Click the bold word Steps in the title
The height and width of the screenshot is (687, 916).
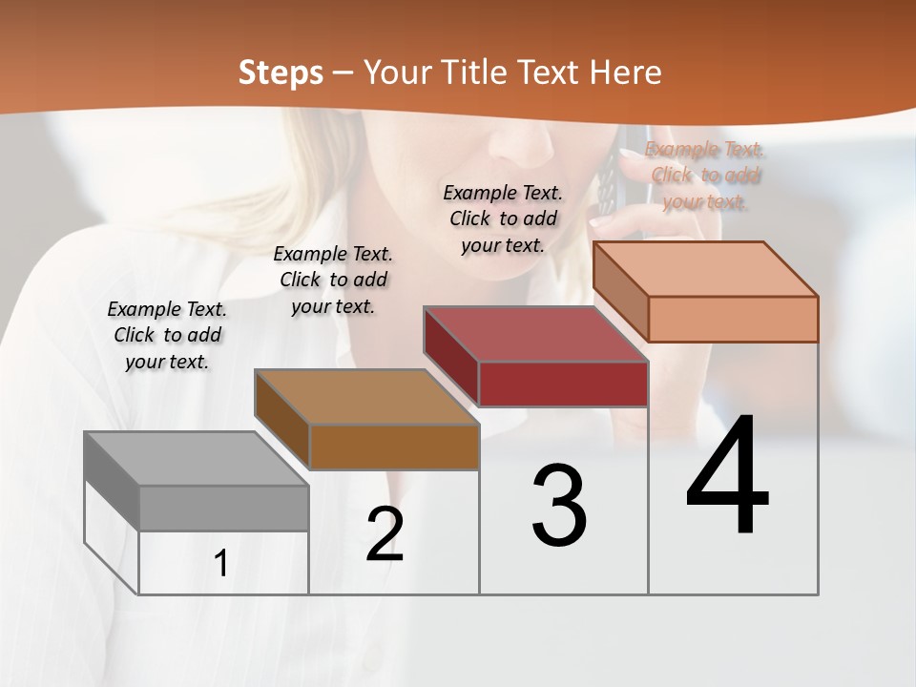tap(281, 73)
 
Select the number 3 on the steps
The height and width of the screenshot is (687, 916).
tap(559, 506)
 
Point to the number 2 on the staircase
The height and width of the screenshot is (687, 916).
tap(385, 534)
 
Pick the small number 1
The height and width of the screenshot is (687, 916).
tap(221, 564)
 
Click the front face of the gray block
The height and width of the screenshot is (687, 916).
tap(224, 508)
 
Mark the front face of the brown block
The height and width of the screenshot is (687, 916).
tap(394, 447)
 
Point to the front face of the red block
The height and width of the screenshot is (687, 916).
tap(563, 384)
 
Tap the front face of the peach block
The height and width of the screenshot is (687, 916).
tap(733, 319)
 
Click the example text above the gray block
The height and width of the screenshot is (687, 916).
tap(167, 335)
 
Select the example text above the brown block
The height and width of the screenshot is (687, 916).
tap(333, 280)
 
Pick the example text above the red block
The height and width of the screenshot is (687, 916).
tap(503, 219)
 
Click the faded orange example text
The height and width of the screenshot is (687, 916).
tap(705, 176)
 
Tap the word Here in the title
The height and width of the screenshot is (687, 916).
tap(626, 73)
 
